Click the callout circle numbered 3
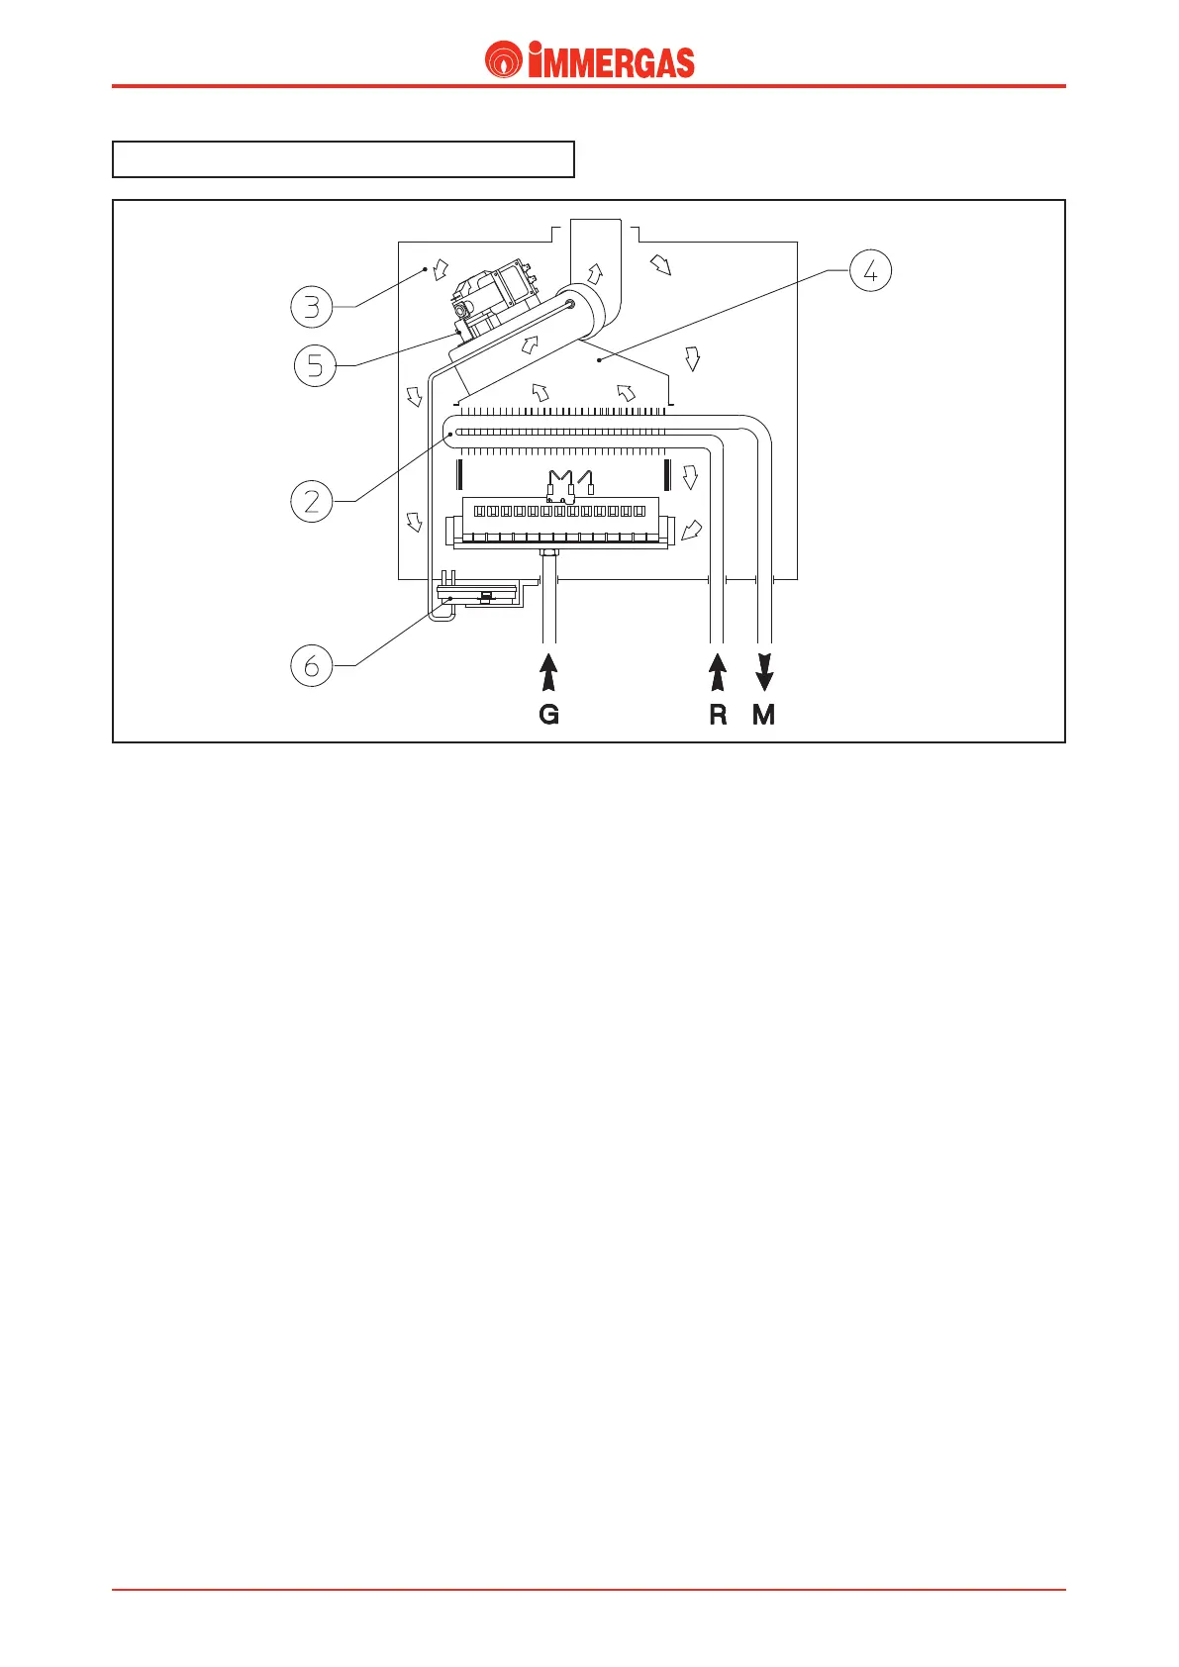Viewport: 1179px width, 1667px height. click(312, 307)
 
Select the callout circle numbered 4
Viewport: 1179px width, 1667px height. click(871, 270)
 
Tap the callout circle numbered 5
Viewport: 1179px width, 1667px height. click(315, 366)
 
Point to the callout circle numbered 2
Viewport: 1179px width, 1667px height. click(312, 502)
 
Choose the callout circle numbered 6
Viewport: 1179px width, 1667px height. click(312, 665)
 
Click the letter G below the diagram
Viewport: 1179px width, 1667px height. click(549, 715)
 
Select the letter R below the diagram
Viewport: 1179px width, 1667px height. click(719, 715)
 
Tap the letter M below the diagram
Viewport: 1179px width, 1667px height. click(764, 715)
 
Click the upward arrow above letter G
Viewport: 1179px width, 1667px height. click(549, 670)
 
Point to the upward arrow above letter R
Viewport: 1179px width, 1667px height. click(719, 670)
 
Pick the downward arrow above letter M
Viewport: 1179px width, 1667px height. click(764, 670)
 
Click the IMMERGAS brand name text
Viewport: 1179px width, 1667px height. click(611, 62)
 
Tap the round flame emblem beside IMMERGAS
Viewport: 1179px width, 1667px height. click(504, 60)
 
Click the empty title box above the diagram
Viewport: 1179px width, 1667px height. click(344, 159)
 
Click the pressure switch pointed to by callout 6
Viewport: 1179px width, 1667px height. click(478, 597)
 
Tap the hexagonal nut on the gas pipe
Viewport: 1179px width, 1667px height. click(548, 555)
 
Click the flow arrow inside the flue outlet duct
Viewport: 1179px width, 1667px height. click(595, 274)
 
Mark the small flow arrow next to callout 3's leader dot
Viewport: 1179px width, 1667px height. click(441, 270)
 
